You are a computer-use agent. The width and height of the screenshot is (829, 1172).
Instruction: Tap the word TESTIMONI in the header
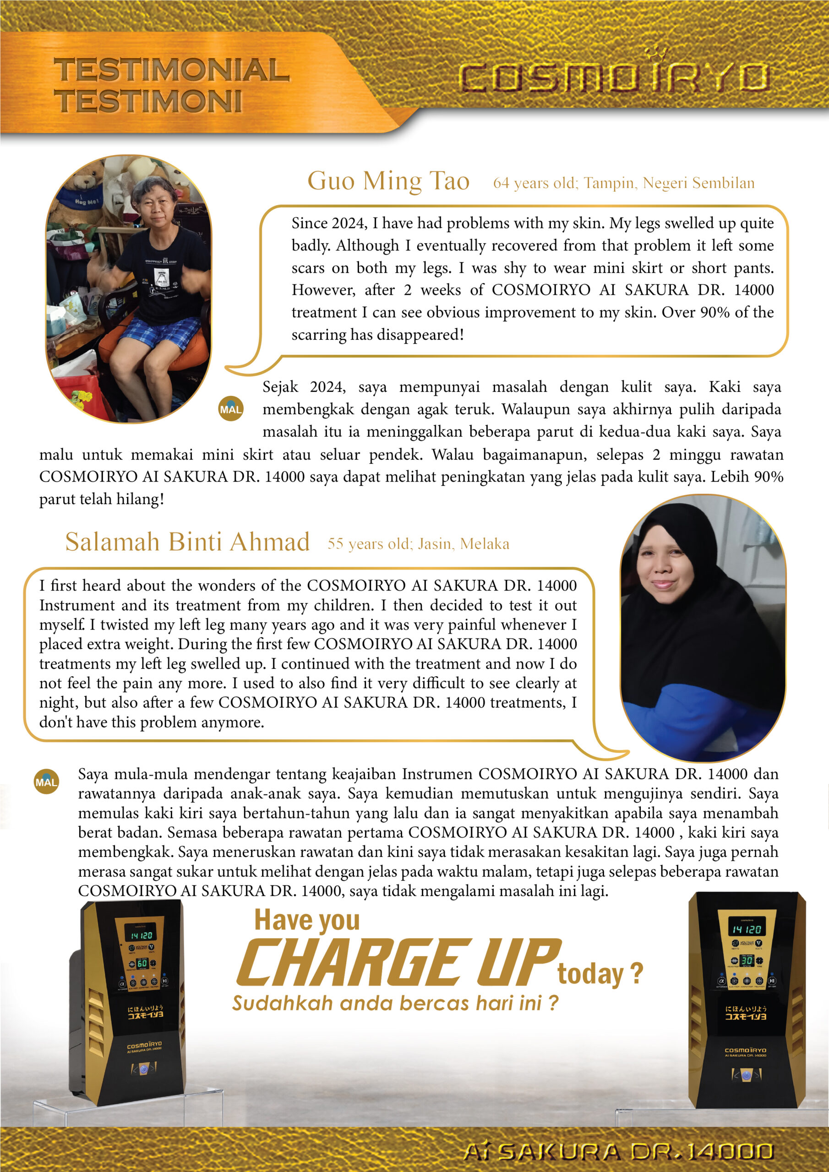148,101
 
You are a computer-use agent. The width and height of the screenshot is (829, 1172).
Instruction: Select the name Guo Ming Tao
388,181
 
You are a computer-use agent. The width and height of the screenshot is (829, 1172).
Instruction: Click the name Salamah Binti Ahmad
187,542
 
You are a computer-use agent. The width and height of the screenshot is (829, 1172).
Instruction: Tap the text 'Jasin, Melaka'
464,544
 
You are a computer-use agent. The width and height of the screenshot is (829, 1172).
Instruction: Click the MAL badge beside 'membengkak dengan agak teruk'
231,408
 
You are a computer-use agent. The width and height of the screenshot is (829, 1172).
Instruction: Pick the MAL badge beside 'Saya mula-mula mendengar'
46,781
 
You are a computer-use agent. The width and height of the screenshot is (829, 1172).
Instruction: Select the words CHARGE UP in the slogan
398,964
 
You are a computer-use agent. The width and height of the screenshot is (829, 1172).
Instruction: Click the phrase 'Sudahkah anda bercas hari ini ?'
395,1003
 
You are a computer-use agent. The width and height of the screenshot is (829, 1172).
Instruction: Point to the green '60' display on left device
142,963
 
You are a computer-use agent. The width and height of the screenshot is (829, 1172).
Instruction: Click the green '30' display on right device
747,960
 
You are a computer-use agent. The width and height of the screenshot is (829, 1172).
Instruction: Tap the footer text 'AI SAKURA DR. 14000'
618,1151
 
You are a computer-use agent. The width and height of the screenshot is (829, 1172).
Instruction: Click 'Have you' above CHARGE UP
307,920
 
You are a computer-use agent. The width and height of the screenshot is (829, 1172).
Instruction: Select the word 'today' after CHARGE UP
590,974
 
